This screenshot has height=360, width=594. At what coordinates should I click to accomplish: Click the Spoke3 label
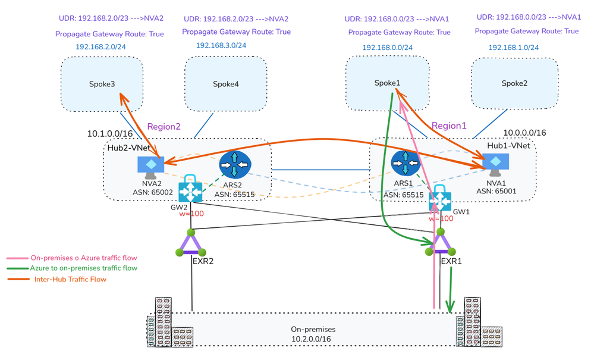[x=101, y=84]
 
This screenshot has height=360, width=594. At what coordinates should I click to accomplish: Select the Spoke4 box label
[x=226, y=84]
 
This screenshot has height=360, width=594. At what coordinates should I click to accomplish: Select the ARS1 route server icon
[x=404, y=163]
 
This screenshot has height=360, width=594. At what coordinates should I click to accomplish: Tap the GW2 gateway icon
[x=192, y=190]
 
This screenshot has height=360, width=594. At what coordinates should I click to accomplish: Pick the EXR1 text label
[x=451, y=260]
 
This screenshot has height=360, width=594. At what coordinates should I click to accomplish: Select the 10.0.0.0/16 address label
[x=524, y=133]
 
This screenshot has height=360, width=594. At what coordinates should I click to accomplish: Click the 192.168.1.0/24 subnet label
[x=514, y=47]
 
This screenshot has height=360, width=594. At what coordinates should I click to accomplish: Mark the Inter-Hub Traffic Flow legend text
[x=70, y=279]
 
